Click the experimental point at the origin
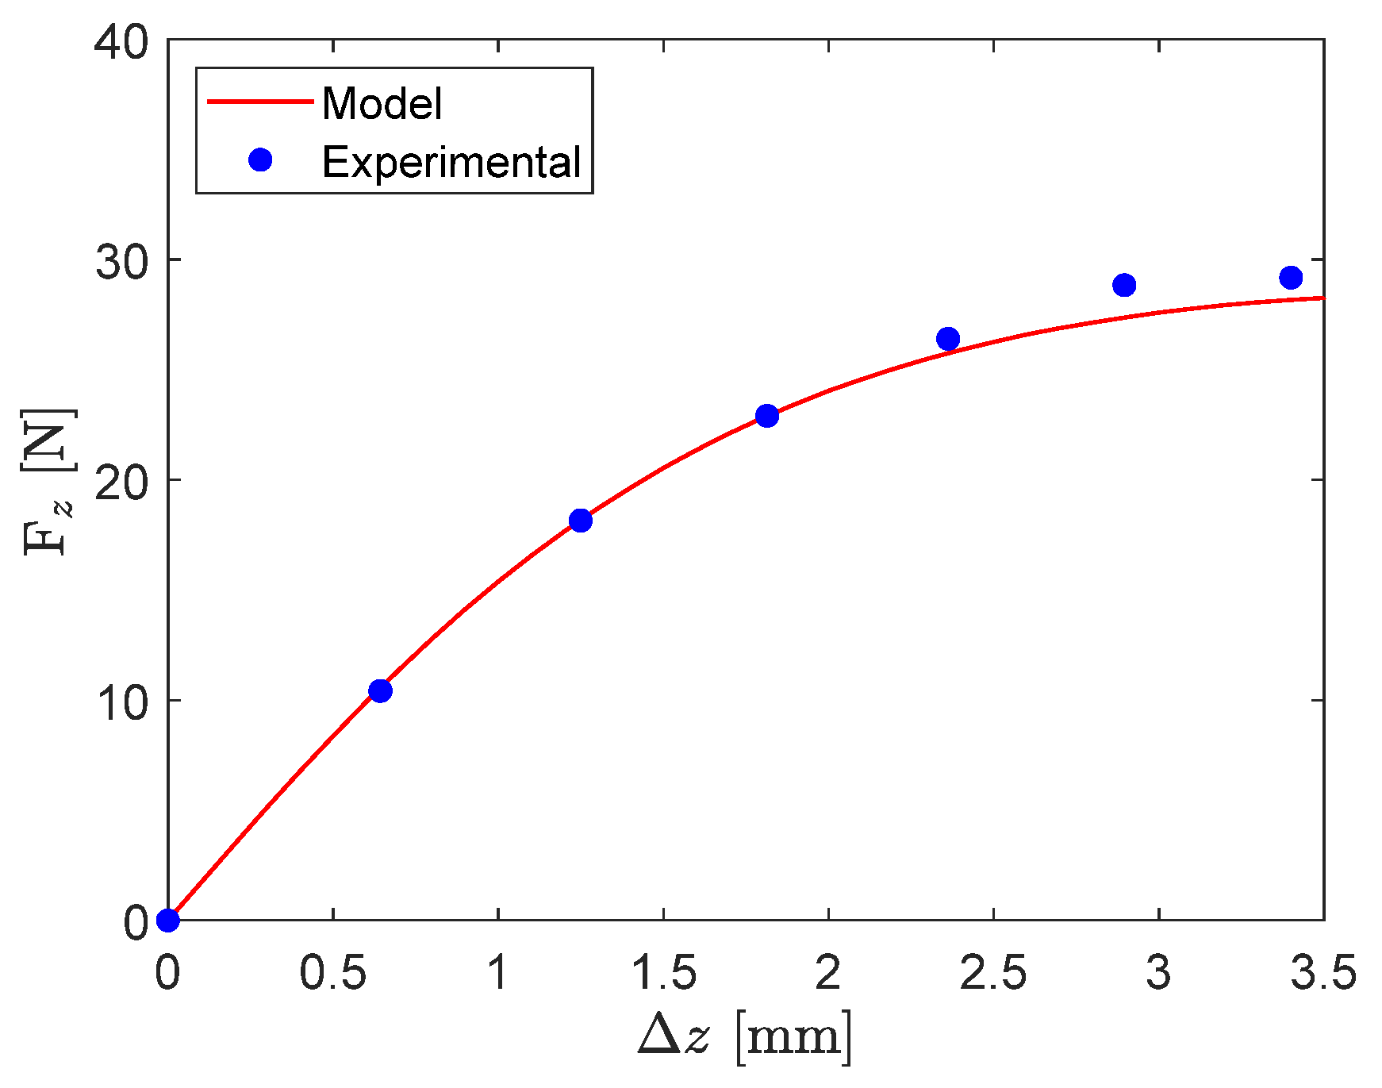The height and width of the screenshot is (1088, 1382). [x=168, y=920]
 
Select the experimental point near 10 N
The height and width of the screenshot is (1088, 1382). [x=381, y=691]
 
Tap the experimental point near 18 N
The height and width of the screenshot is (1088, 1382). [x=581, y=521]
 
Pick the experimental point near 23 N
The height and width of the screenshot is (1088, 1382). [x=767, y=416]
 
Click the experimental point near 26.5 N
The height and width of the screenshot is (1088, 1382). [x=948, y=339]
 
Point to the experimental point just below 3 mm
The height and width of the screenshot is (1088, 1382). [x=1124, y=285]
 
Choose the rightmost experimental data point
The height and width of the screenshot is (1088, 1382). [x=1291, y=278]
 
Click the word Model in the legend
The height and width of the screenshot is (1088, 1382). [x=382, y=104]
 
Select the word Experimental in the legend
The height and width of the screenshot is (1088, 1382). [x=451, y=162]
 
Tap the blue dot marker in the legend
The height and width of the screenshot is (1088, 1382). [x=260, y=160]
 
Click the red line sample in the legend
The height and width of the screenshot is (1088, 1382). [x=260, y=102]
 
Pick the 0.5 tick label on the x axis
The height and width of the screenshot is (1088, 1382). [x=332, y=973]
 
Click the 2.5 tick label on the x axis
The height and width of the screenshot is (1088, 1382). [x=992, y=973]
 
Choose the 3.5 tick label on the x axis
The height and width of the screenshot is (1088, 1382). [x=1322, y=973]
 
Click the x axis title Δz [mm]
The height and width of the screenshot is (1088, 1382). [x=745, y=1036]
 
